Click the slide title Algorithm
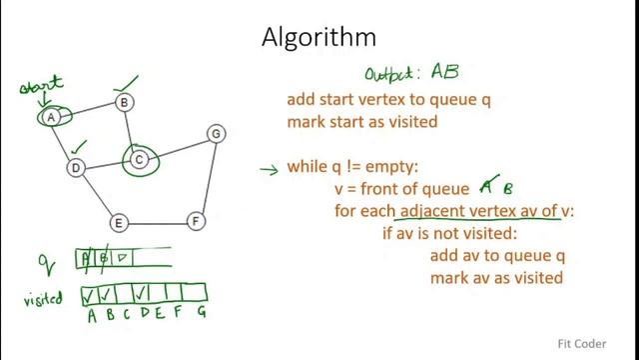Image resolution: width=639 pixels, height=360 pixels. [x=319, y=38]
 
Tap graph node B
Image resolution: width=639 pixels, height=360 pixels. [x=125, y=101]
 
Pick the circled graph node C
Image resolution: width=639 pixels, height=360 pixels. [x=141, y=158]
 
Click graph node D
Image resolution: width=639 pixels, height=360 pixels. [x=76, y=167]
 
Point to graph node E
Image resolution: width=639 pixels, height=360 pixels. [x=118, y=222]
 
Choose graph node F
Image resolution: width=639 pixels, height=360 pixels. [x=197, y=220]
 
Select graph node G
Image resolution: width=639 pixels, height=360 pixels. [x=215, y=133]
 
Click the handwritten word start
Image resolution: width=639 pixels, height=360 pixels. [x=42, y=85]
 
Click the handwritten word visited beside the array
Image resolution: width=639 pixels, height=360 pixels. [x=44, y=298]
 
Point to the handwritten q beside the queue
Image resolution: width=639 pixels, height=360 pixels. [x=45, y=265]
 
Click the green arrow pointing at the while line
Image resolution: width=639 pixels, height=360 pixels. [x=268, y=169]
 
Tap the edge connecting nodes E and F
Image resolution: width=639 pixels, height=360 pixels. [x=157, y=221]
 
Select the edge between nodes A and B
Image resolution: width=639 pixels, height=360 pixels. [x=87, y=109]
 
